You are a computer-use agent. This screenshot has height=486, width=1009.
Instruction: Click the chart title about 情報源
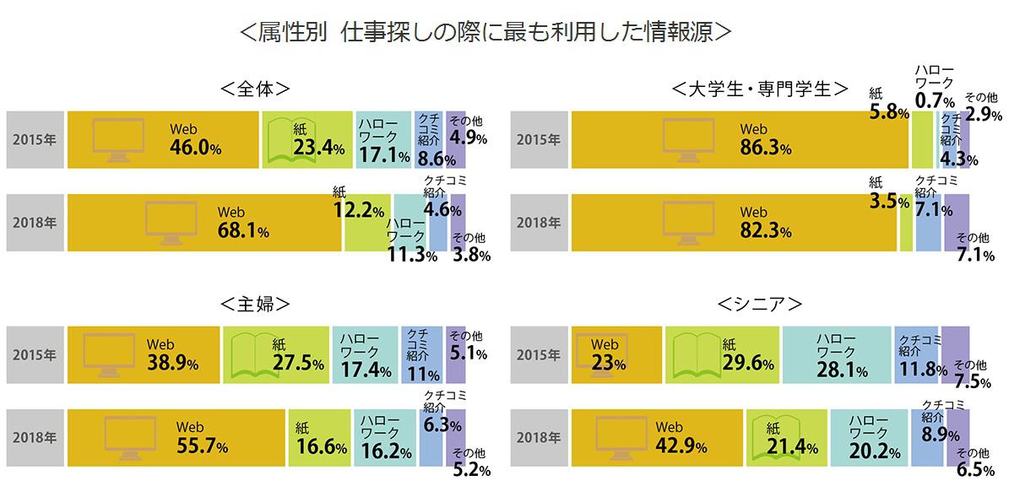click(x=485, y=31)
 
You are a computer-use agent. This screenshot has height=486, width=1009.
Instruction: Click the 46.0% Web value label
click(x=195, y=148)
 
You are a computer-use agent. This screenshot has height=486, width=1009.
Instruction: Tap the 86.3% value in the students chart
click(x=765, y=148)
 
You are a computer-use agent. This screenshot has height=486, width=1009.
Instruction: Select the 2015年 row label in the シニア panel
click(x=538, y=354)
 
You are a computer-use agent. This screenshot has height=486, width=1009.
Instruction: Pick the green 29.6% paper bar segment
click(x=722, y=354)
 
